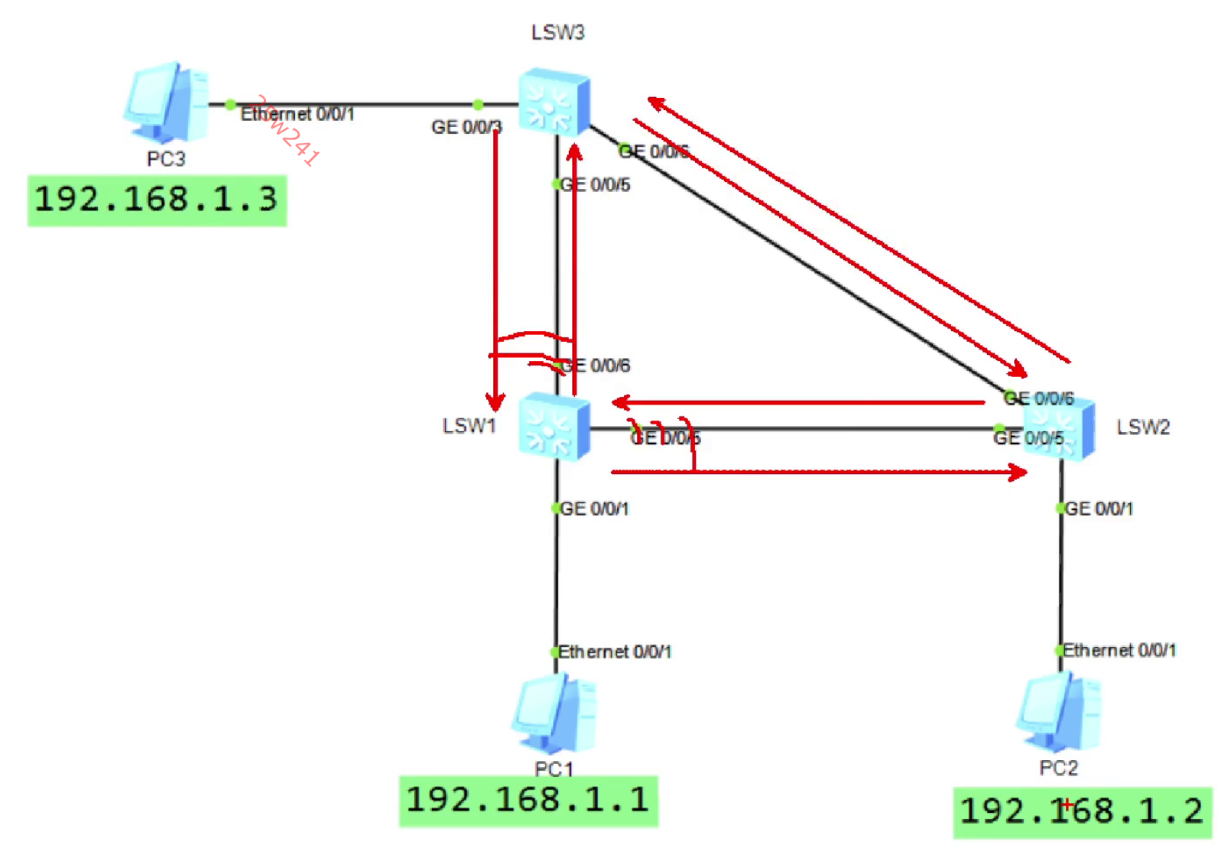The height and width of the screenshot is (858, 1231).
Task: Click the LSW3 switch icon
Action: (554, 102)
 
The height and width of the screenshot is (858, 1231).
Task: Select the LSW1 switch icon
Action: (554, 426)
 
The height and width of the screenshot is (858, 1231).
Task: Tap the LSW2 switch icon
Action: (1059, 427)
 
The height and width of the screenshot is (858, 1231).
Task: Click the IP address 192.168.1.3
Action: (157, 200)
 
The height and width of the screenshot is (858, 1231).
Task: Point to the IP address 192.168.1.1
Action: (528, 801)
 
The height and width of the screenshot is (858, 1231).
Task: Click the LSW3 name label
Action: (557, 32)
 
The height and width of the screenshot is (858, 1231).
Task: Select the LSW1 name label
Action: (469, 426)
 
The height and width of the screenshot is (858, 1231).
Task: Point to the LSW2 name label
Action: (1143, 427)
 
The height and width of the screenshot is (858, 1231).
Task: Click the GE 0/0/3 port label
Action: (466, 127)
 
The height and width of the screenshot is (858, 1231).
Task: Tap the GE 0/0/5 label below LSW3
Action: (595, 185)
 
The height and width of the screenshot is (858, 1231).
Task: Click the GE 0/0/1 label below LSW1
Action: (594, 509)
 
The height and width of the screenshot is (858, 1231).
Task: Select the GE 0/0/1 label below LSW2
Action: (1099, 509)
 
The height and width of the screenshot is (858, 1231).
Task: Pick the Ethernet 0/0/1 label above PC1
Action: (615, 652)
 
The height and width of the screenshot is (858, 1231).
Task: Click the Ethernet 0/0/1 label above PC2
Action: (1119, 650)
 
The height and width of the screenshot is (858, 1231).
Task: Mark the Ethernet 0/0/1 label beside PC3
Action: (297, 114)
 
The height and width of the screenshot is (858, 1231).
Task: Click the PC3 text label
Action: (166, 159)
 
